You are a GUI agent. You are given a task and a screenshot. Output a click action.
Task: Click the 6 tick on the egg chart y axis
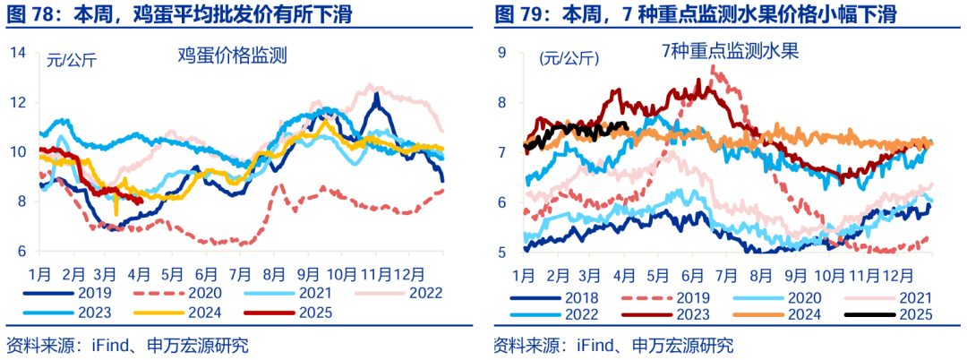(20, 252)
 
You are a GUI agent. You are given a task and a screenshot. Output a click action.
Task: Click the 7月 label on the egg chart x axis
(239, 272)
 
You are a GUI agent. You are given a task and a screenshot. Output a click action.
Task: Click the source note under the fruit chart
(613, 345)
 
